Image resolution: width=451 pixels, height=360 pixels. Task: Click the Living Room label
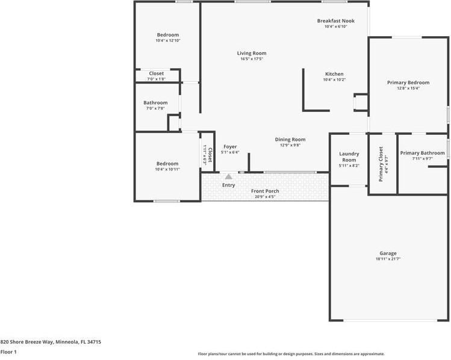coord(251,54)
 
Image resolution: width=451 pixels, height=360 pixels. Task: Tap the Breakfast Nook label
coord(335,21)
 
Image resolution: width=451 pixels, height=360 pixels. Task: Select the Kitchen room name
coord(334,73)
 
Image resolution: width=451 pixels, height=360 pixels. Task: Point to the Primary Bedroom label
coord(408,82)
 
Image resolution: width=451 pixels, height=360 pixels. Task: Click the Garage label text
coord(388,253)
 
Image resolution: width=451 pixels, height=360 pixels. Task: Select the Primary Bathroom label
coord(422,153)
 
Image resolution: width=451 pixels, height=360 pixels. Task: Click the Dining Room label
coord(290,140)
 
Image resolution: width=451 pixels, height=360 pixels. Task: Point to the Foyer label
coord(230,147)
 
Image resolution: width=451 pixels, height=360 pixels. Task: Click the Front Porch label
coord(265,191)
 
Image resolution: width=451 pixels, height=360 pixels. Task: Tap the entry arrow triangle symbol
coord(228,176)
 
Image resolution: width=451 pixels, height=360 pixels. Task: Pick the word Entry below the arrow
coord(228,185)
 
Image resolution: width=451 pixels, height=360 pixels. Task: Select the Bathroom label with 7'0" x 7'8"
coord(155,103)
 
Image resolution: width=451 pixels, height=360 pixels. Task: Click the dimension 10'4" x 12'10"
coord(168,41)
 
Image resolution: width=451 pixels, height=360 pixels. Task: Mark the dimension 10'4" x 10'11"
coord(167,170)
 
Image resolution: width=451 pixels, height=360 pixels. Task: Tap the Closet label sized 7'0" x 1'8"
coord(156,73)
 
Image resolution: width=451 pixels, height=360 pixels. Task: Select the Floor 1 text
coord(8,352)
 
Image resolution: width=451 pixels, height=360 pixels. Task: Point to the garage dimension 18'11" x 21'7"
coord(388,259)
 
